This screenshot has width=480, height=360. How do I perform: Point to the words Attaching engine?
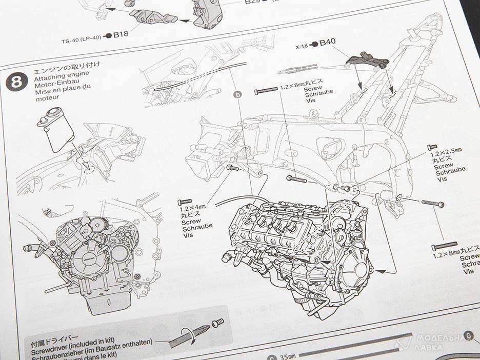click(55, 77)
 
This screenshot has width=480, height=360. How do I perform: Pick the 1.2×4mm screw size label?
click(192, 210)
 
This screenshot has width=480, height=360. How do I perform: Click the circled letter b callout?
click(237, 94)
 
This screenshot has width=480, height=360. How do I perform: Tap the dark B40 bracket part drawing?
click(368, 57)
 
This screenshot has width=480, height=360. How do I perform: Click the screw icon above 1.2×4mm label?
click(184, 202)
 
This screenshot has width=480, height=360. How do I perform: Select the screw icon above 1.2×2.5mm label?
click(432, 147)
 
